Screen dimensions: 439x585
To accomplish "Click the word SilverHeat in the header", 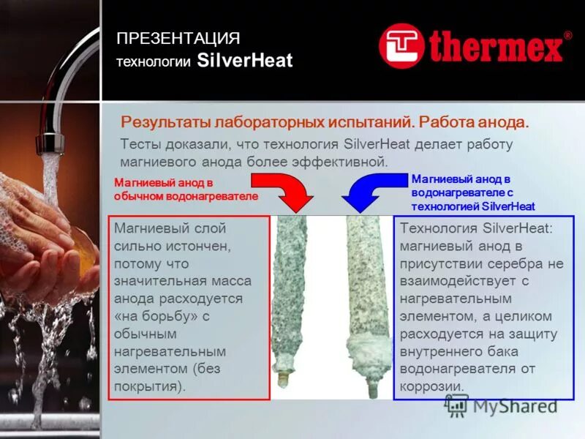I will (x=244, y=61).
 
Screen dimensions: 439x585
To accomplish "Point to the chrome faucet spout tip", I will (x=50, y=143).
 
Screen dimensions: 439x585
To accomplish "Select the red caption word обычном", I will (x=139, y=197).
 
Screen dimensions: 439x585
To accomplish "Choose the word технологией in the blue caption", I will (x=445, y=206).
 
